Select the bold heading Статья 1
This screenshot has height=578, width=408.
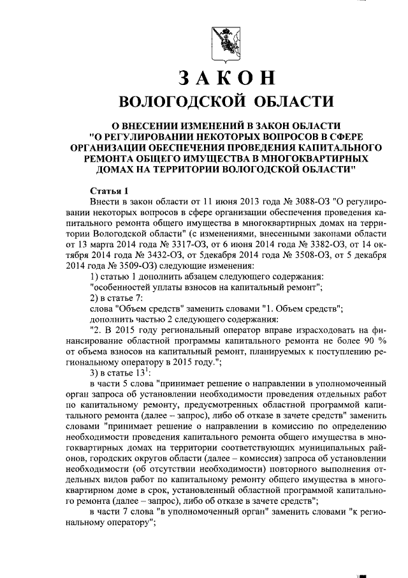pos(108,191)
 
